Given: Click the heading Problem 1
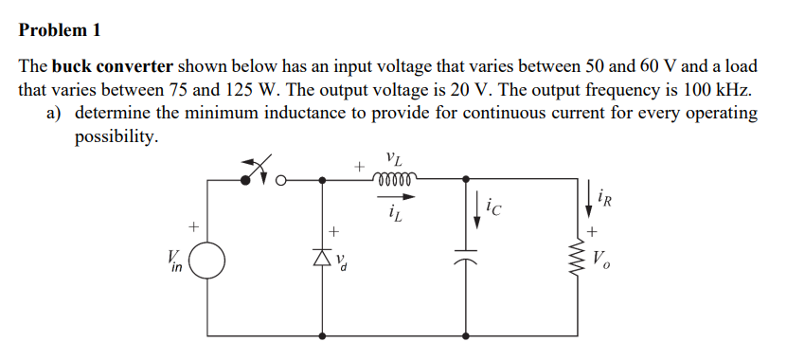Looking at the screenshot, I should point(60,29).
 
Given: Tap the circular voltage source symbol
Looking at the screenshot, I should point(207,261).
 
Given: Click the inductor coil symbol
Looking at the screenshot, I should point(392,177).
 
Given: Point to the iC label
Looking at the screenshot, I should point(493,205).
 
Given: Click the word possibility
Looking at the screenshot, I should point(116,137).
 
